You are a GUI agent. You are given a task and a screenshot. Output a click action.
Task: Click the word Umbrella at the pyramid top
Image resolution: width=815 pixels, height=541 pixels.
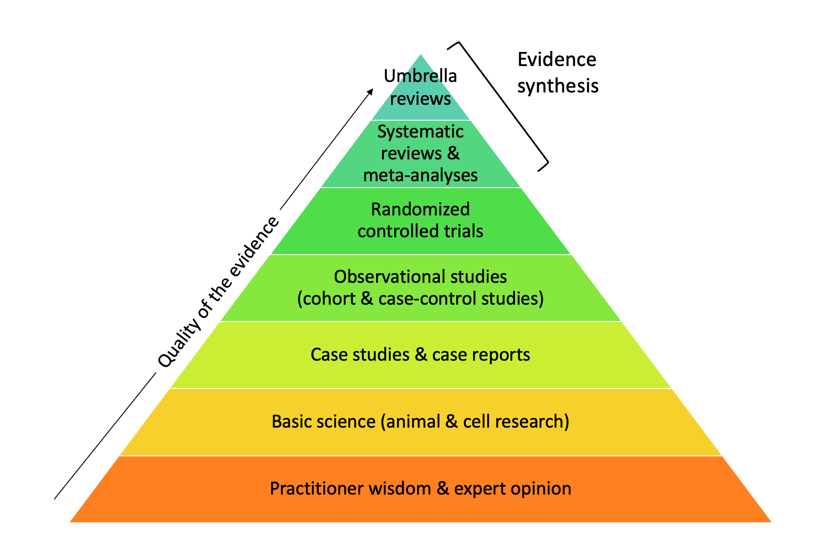coord(420,76)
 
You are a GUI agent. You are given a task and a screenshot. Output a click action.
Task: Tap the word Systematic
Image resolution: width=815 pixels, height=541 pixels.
coord(420,132)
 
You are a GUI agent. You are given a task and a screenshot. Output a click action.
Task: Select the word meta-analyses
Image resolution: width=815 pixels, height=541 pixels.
coord(420,175)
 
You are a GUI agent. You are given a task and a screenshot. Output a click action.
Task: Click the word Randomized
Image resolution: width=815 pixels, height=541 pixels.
coord(420,209)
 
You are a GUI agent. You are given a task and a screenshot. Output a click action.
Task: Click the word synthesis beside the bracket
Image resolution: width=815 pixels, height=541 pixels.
coord(558,86)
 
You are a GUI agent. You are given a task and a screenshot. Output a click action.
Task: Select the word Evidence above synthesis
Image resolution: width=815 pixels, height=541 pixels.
coord(557,60)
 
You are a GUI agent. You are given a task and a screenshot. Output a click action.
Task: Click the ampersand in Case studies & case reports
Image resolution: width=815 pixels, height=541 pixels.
coord(421,355)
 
